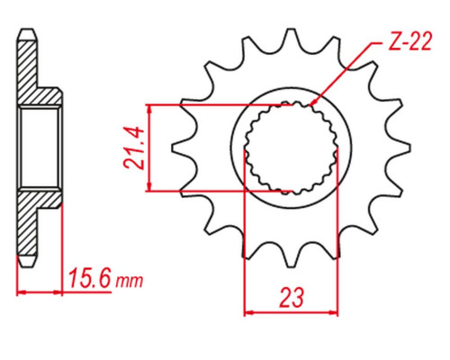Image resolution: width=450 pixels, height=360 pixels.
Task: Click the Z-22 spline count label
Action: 410,41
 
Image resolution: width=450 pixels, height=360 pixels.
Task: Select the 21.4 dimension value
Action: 132,148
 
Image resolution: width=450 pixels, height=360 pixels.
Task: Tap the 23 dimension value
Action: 292,298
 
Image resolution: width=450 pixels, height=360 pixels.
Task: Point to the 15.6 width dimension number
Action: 89,279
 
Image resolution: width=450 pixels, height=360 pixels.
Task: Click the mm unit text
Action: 130,281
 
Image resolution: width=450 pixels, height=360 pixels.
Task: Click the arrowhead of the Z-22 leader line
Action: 312,103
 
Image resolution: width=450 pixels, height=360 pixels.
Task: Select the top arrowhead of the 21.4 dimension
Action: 149,109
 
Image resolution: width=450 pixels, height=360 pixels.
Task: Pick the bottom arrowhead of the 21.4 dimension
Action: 149,187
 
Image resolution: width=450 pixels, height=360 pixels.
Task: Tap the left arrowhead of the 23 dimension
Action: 248,312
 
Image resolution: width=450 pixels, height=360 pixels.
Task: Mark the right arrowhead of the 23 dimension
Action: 333,312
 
